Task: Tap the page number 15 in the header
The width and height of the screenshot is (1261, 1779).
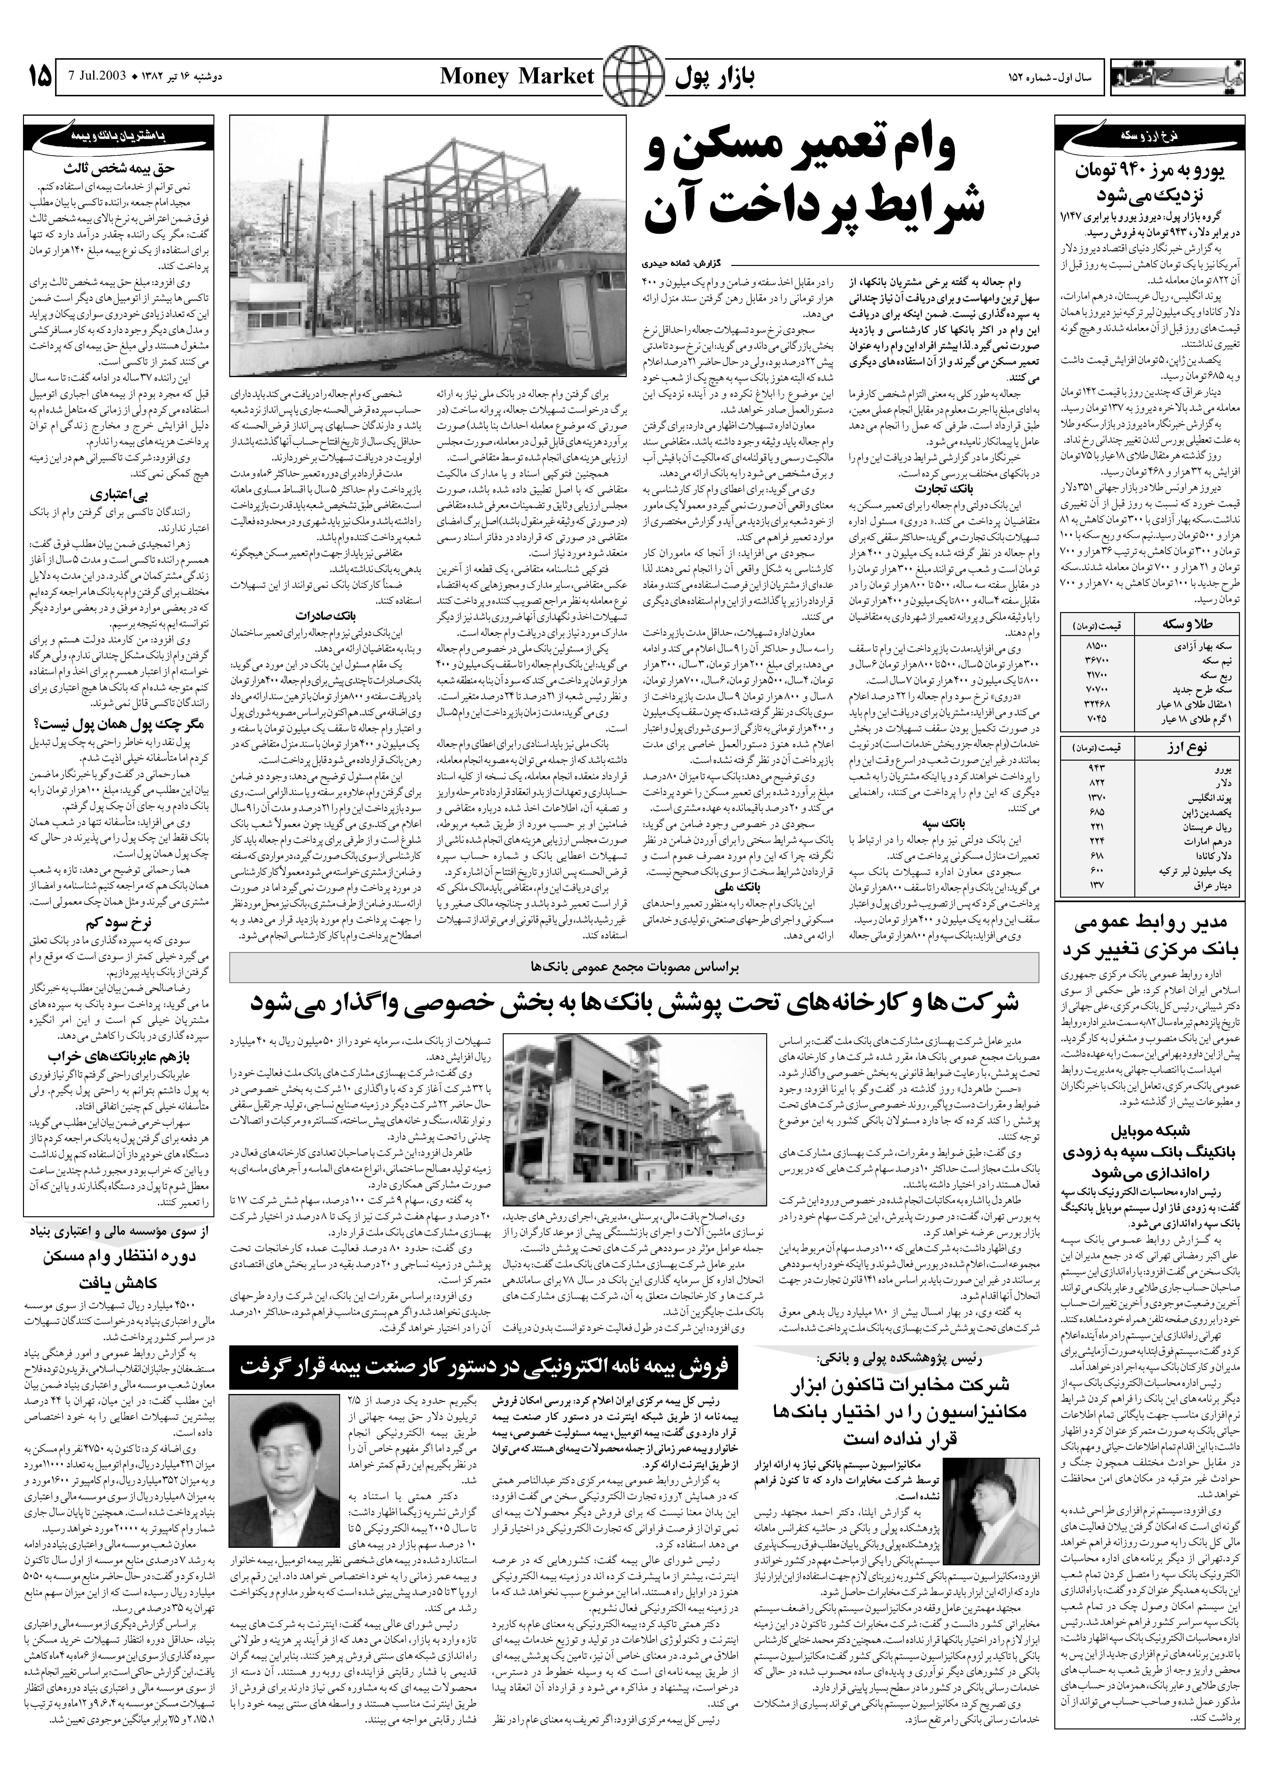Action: pos(39,76)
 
